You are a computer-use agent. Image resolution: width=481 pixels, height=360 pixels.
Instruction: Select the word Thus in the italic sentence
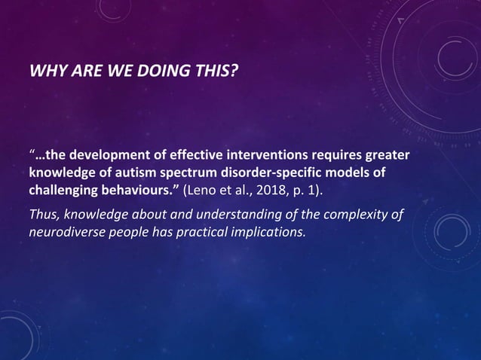(42, 215)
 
